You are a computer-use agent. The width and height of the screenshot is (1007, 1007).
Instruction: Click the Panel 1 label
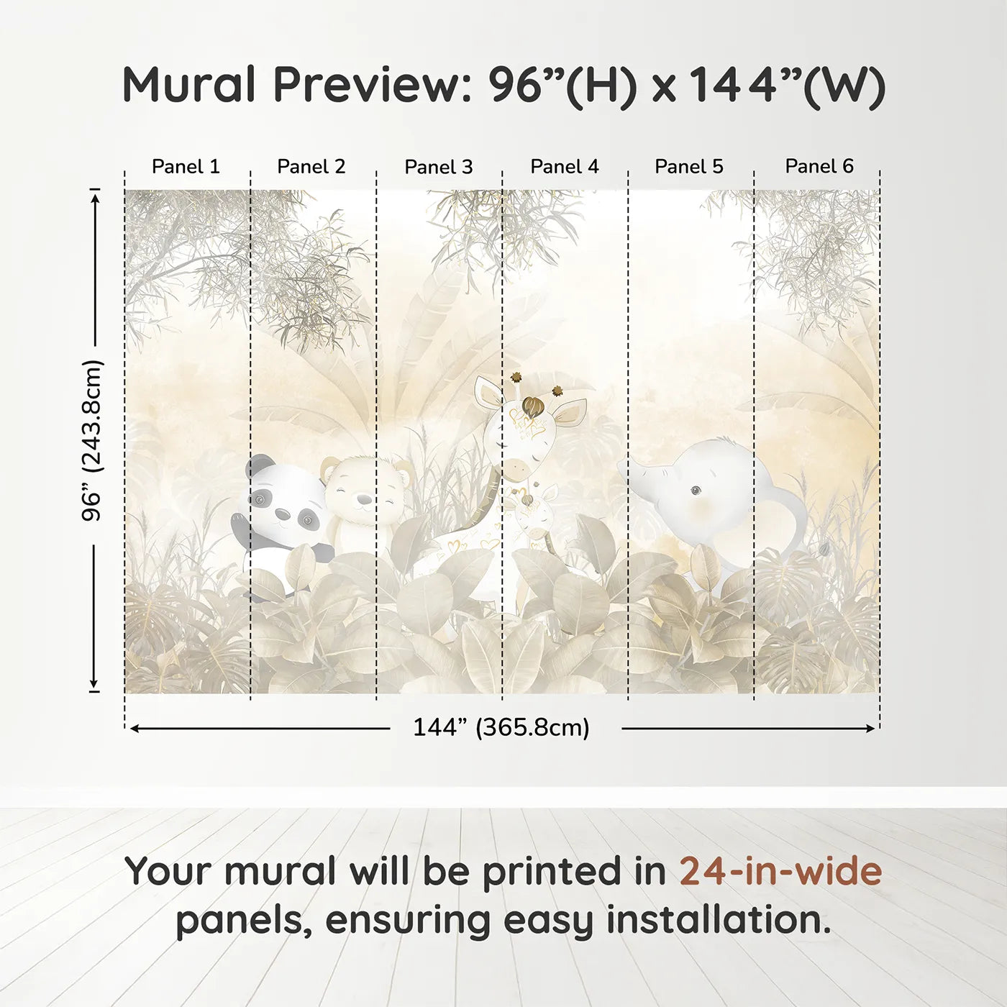(x=186, y=166)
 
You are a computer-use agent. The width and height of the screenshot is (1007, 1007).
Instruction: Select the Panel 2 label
(x=311, y=166)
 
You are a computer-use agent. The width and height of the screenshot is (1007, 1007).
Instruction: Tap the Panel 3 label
(x=438, y=167)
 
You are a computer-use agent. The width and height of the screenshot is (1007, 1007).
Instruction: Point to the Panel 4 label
(x=564, y=166)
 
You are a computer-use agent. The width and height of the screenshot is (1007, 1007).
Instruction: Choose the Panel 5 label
(x=688, y=166)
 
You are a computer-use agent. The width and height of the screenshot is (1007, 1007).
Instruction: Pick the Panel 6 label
(x=819, y=166)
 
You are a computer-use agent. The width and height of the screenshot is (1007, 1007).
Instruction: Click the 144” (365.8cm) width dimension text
(x=501, y=727)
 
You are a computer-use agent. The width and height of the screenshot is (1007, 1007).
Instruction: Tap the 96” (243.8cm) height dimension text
(x=93, y=440)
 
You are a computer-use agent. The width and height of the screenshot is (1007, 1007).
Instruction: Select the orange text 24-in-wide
(x=780, y=871)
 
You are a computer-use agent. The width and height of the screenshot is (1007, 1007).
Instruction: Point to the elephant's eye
(x=696, y=491)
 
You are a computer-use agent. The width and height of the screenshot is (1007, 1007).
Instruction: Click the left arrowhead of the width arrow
(x=134, y=729)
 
